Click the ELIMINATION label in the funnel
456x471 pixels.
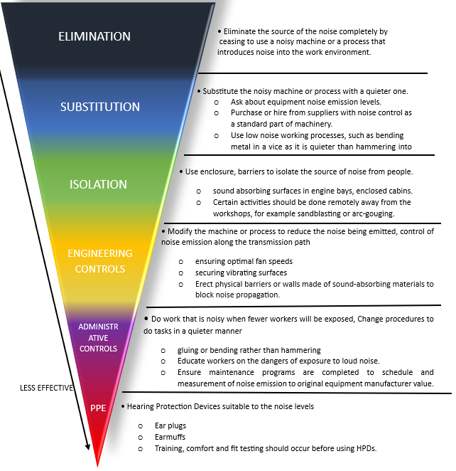(x=94, y=36)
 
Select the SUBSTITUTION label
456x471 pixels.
(x=100, y=107)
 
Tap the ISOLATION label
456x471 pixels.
(x=98, y=184)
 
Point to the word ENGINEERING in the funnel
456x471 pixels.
(x=100, y=253)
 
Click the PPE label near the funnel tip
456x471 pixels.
(x=98, y=408)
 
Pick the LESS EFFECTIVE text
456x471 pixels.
(x=46, y=388)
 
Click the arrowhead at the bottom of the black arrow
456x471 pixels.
(x=87, y=447)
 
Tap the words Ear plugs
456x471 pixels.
(x=170, y=425)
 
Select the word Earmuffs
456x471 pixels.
(x=170, y=437)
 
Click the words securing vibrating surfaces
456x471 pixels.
(x=241, y=272)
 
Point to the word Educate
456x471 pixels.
(x=191, y=361)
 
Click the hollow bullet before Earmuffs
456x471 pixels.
(x=141, y=438)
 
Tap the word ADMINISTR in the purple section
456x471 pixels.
(x=98, y=327)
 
